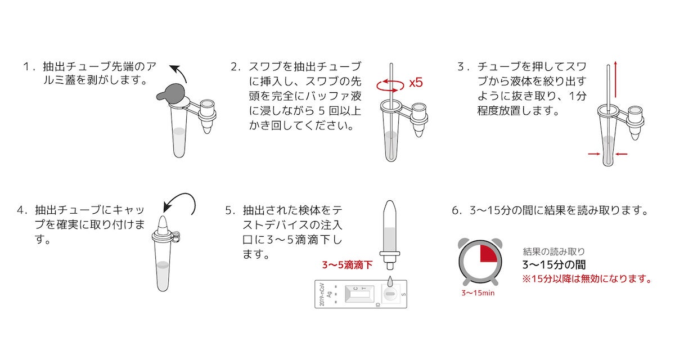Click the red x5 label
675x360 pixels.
pos(416,83)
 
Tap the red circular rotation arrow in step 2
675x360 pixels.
pos(390,89)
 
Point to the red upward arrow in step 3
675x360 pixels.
pos(615,79)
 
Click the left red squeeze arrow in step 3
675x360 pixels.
pos(594,154)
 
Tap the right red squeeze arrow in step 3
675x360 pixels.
pos(621,154)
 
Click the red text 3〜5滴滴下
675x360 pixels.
pos(347,265)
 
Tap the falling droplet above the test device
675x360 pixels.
pos(390,282)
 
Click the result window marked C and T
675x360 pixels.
pos(359,294)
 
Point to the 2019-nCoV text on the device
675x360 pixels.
pos(322,294)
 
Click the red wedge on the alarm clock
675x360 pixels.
pos(488,253)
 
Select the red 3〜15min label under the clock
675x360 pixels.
pos(478,293)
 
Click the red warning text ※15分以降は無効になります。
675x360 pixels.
pos(587,278)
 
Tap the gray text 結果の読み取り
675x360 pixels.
pos(554,251)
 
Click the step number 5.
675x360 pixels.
pos(228,210)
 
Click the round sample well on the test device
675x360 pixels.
pos(390,294)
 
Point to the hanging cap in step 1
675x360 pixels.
pos(208,116)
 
